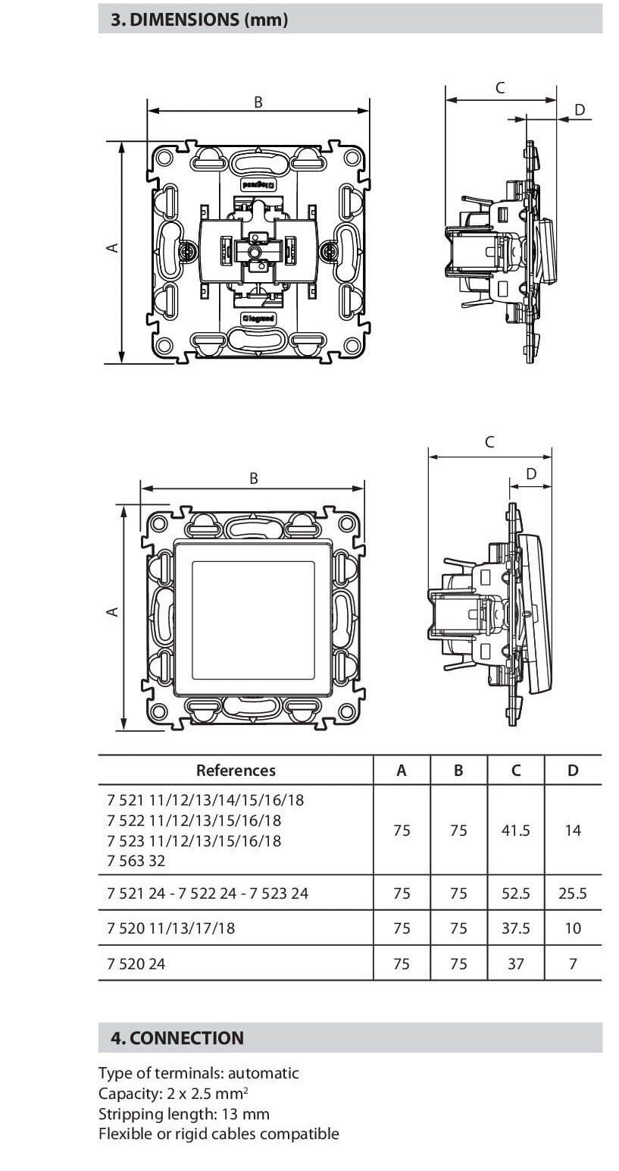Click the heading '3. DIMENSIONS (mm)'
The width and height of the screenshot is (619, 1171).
tap(199, 20)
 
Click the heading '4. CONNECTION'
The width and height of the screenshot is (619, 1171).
tap(177, 1038)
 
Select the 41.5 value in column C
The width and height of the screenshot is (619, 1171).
tap(515, 830)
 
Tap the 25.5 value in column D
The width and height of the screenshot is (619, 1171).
tap(572, 893)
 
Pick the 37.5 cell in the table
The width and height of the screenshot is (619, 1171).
tap(515, 928)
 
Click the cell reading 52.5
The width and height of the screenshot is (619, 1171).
tap(515, 893)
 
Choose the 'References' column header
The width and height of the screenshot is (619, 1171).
tap(236, 771)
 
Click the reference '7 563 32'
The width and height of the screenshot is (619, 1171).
tap(136, 861)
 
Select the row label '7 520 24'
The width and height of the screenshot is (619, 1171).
tap(136, 964)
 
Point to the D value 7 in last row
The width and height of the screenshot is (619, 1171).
tap(572, 964)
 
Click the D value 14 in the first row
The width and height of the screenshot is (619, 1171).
tap(572, 830)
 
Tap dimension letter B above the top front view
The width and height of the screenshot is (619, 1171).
tap(258, 102)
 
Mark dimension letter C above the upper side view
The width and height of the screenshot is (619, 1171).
tap(499, 88)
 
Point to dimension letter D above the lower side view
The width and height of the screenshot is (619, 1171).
tap(530, 474)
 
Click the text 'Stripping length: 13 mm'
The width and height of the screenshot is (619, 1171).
tap(183, 1114)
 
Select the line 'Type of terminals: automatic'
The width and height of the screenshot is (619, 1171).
tap(199, 1073)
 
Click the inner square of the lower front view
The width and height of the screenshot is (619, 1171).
tap(253, 620)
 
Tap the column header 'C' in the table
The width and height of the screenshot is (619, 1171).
tap(515, 771)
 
